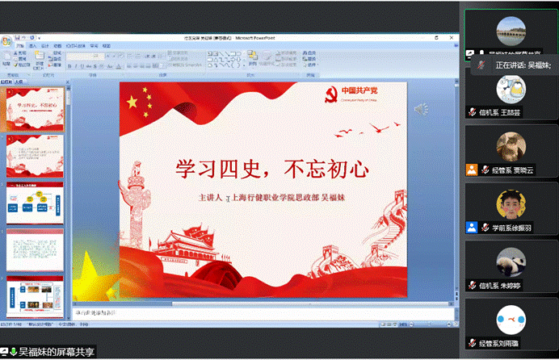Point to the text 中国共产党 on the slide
tap(359, 90)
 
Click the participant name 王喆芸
tap(511, 112)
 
